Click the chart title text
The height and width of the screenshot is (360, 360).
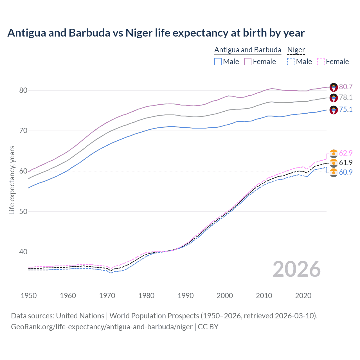tap(156, 33)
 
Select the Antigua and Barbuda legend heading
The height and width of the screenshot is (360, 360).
tap(247, 50)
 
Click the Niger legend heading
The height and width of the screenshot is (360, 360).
tap(296, 50)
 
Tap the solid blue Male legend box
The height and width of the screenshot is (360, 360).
tap(218, 62)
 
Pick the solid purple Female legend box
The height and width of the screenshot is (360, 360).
tap(248, 62)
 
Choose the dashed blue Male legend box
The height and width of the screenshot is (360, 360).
tap(291, 62)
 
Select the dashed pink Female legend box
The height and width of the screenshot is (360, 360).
tap(321, 62)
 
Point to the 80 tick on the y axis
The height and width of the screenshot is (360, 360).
tap(23, 90)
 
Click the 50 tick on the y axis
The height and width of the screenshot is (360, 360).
tap(23, 211)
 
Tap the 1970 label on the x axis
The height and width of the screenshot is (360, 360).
tap(107, 296)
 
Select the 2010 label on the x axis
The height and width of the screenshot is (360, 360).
tap(264, 296)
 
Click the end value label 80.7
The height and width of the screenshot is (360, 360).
tap(346, 87)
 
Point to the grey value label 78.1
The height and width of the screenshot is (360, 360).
tap(346, 97)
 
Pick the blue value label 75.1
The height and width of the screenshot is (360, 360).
tap(346, 109)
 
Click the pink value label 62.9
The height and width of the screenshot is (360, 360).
tap(346, 153)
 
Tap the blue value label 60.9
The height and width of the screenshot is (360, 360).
tap(346, 172)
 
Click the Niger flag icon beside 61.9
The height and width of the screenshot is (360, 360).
tap(334, 163)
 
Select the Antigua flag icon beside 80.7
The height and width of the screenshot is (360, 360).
tap(334, 87)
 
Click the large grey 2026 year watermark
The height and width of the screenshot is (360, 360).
tap(296, 269)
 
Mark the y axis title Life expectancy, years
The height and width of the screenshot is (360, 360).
tap(12, 180)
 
